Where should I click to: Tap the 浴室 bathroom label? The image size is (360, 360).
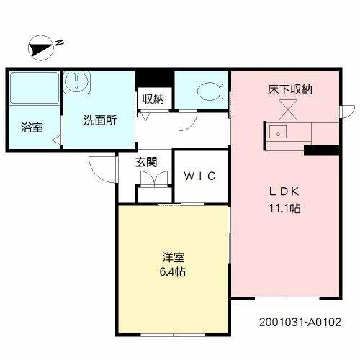(x=32, y=128)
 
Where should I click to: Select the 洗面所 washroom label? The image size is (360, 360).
(x=99, y=121)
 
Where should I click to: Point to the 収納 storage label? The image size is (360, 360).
(x=152, y=99)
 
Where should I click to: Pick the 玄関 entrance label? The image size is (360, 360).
(x=146, y=162)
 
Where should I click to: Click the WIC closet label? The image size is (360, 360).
(x=199, y=176)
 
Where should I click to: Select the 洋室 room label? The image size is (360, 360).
(x=174, y=257)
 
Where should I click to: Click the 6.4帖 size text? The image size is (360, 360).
(x=174, y=274)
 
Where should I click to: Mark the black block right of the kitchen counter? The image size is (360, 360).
(x=320, y=150)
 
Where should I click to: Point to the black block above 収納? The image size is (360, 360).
(x=156, y=77)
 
